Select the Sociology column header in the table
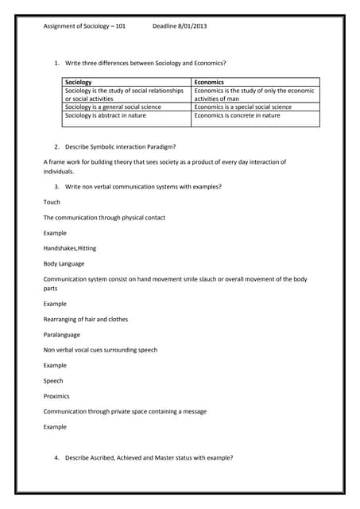click(78, 82)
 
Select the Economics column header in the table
click(209, 82)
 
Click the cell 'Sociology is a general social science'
click(113, 107)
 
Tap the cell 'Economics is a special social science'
click(242, 107)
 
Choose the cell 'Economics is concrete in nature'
click(237, 115)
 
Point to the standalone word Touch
click(52, 202)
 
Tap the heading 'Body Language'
click(64, 263)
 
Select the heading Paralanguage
click(63, 335)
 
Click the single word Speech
click(53, 381)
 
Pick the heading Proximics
click(56, 396)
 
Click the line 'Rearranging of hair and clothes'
click(85, 320)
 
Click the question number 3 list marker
click(57, 187)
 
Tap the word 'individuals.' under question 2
click(59, 171)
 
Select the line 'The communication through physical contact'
click(104, 218)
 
